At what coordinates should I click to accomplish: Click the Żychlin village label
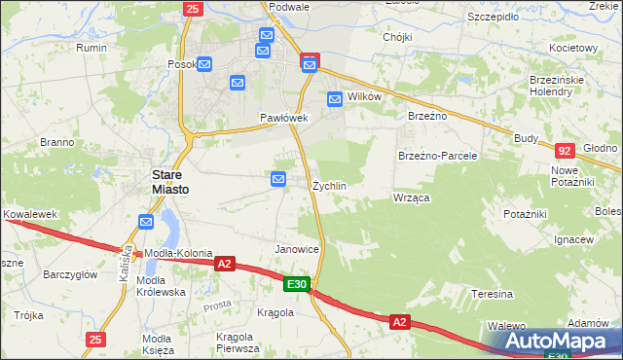point(329,185)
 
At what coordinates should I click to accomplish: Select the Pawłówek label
point(283,118)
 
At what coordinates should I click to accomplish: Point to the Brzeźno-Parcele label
point(437,156)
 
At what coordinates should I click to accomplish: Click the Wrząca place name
point(412,198)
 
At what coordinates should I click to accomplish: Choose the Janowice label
point(297,249)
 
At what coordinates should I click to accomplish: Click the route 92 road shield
point(564,151)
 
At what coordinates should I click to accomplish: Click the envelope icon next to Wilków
point(335,98)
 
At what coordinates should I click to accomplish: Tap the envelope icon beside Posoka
point(205,64)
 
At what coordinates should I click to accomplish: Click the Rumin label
point(92,47)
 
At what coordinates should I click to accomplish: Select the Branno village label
point(57,142)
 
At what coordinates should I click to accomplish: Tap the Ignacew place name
point(573,239)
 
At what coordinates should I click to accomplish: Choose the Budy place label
point(527,138)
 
